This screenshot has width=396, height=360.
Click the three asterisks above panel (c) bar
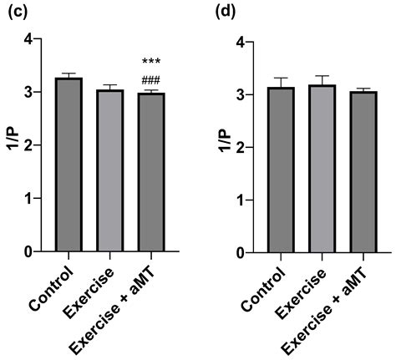[x=151, y=62]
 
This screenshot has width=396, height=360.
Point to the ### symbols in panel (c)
[x=151, y=80]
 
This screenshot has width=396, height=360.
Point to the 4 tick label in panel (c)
[x=29, y=39]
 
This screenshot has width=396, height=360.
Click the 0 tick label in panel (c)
[x=29, y=251]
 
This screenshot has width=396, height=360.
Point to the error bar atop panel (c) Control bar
[x=69, y=74]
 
